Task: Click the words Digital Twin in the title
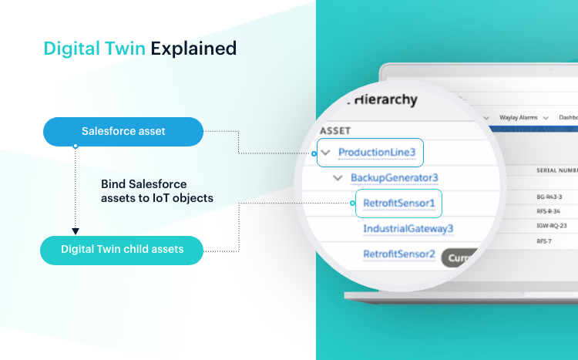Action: tap(95, 49)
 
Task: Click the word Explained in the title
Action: tap(193, 49)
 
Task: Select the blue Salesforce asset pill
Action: tap(123, 132)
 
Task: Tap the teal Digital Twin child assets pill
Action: tap(123, 249)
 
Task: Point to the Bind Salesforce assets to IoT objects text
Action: tap(156, 191)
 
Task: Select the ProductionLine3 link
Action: tap(377, 153)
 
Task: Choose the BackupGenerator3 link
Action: tap(394, 178)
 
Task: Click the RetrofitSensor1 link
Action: tap(398, 204)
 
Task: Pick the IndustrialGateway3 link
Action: tap(408, 229)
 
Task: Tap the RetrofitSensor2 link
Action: tap(398, 254)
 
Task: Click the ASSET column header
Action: tap(335, 130)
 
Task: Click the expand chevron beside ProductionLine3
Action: tap(326, 153)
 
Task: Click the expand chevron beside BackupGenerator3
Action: tap(338, 178)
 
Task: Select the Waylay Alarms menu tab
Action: tap(523, 116)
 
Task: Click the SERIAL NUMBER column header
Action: tap(557, 170)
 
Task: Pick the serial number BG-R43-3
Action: tap(549, 197)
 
